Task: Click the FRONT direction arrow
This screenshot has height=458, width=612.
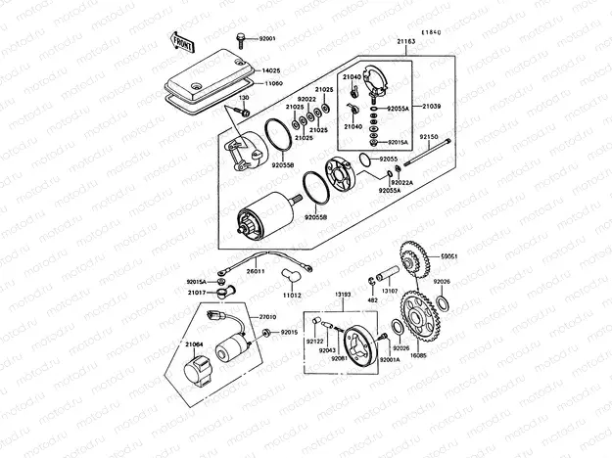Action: tap(182, 40)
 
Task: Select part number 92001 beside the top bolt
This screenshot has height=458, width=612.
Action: tap(267, 38)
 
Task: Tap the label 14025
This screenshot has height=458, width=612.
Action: tap(271, 70)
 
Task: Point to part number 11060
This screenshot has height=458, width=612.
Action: tap(271, 84)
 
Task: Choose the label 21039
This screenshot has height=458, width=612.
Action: tap(432, 105)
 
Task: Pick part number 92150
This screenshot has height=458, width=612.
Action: tap(430, 138)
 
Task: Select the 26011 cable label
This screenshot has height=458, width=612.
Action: tap(257, 270)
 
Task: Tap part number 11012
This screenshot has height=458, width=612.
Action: tap(291, 295)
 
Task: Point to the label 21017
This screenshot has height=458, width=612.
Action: tap(197, 293)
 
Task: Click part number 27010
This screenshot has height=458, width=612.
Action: tap(268, 318)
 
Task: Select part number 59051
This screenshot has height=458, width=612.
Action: tap(449, 255)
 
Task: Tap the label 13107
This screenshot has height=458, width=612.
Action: tap(389, 291)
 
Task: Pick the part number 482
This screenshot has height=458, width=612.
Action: tap(372, 300)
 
